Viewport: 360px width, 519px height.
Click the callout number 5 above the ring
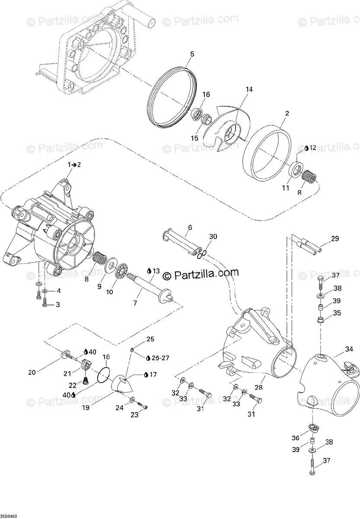point(192,54)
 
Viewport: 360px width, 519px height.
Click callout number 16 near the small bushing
point(206,95)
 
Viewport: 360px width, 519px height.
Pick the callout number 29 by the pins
point(335,239)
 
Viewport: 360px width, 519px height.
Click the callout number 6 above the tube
point(190,227)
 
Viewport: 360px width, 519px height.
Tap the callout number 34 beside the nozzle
point(349,349)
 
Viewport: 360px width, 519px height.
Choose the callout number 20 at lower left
point(32,372)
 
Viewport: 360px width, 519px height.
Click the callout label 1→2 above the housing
point(73,165)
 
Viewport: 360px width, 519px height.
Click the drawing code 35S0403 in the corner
point(9,514)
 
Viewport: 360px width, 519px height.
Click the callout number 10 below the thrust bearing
point(109,292)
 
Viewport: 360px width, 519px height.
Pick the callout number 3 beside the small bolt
point(58,304)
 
